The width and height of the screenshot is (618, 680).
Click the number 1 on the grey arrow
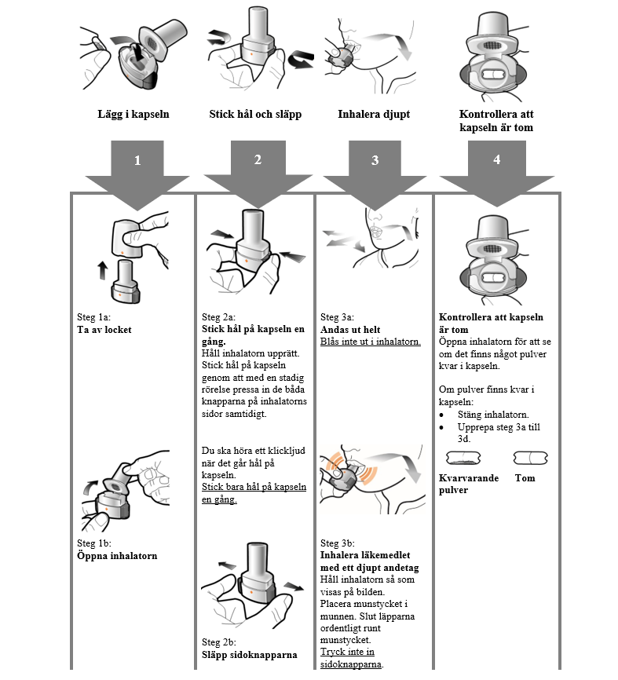[137, 160]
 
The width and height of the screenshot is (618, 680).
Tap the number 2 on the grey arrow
[258, 159]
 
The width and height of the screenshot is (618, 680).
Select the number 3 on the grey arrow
[375, 160]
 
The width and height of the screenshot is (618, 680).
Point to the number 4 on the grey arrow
[496, 159]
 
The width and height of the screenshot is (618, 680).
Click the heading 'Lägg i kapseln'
[133, 115]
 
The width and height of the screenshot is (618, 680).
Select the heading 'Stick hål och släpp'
[255, 115]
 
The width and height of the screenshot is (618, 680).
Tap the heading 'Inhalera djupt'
[374, 115]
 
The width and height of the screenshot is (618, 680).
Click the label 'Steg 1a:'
[94, 318]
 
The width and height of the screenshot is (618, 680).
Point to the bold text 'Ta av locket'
[104, 330]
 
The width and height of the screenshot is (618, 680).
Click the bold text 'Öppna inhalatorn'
[117, 556]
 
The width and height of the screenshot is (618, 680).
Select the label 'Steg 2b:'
[219, 642]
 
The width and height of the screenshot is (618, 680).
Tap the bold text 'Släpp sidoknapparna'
[250, 654]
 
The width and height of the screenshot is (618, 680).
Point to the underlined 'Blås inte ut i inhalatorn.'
[371, 342]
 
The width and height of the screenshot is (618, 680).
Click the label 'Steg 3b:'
[338, 543]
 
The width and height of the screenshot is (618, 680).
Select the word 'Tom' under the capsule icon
[525, 477]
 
